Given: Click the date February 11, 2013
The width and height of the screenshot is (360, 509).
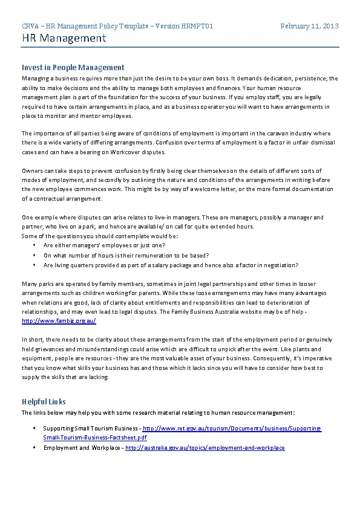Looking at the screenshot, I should click(x=309, y=26).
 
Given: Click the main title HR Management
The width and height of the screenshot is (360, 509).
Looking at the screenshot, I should click(x=64, y=39).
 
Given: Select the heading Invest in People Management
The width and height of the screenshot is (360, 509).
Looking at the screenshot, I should click(x=73, y=68).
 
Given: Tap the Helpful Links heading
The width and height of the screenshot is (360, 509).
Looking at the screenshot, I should click(x=44, y=401).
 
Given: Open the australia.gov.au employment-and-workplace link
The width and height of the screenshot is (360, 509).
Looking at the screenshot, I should click(x=205, y=448).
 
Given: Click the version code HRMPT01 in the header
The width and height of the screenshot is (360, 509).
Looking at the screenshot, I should click(x=197, y=26).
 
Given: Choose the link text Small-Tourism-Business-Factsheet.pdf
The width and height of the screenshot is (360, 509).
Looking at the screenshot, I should click(x=95, y=438).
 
